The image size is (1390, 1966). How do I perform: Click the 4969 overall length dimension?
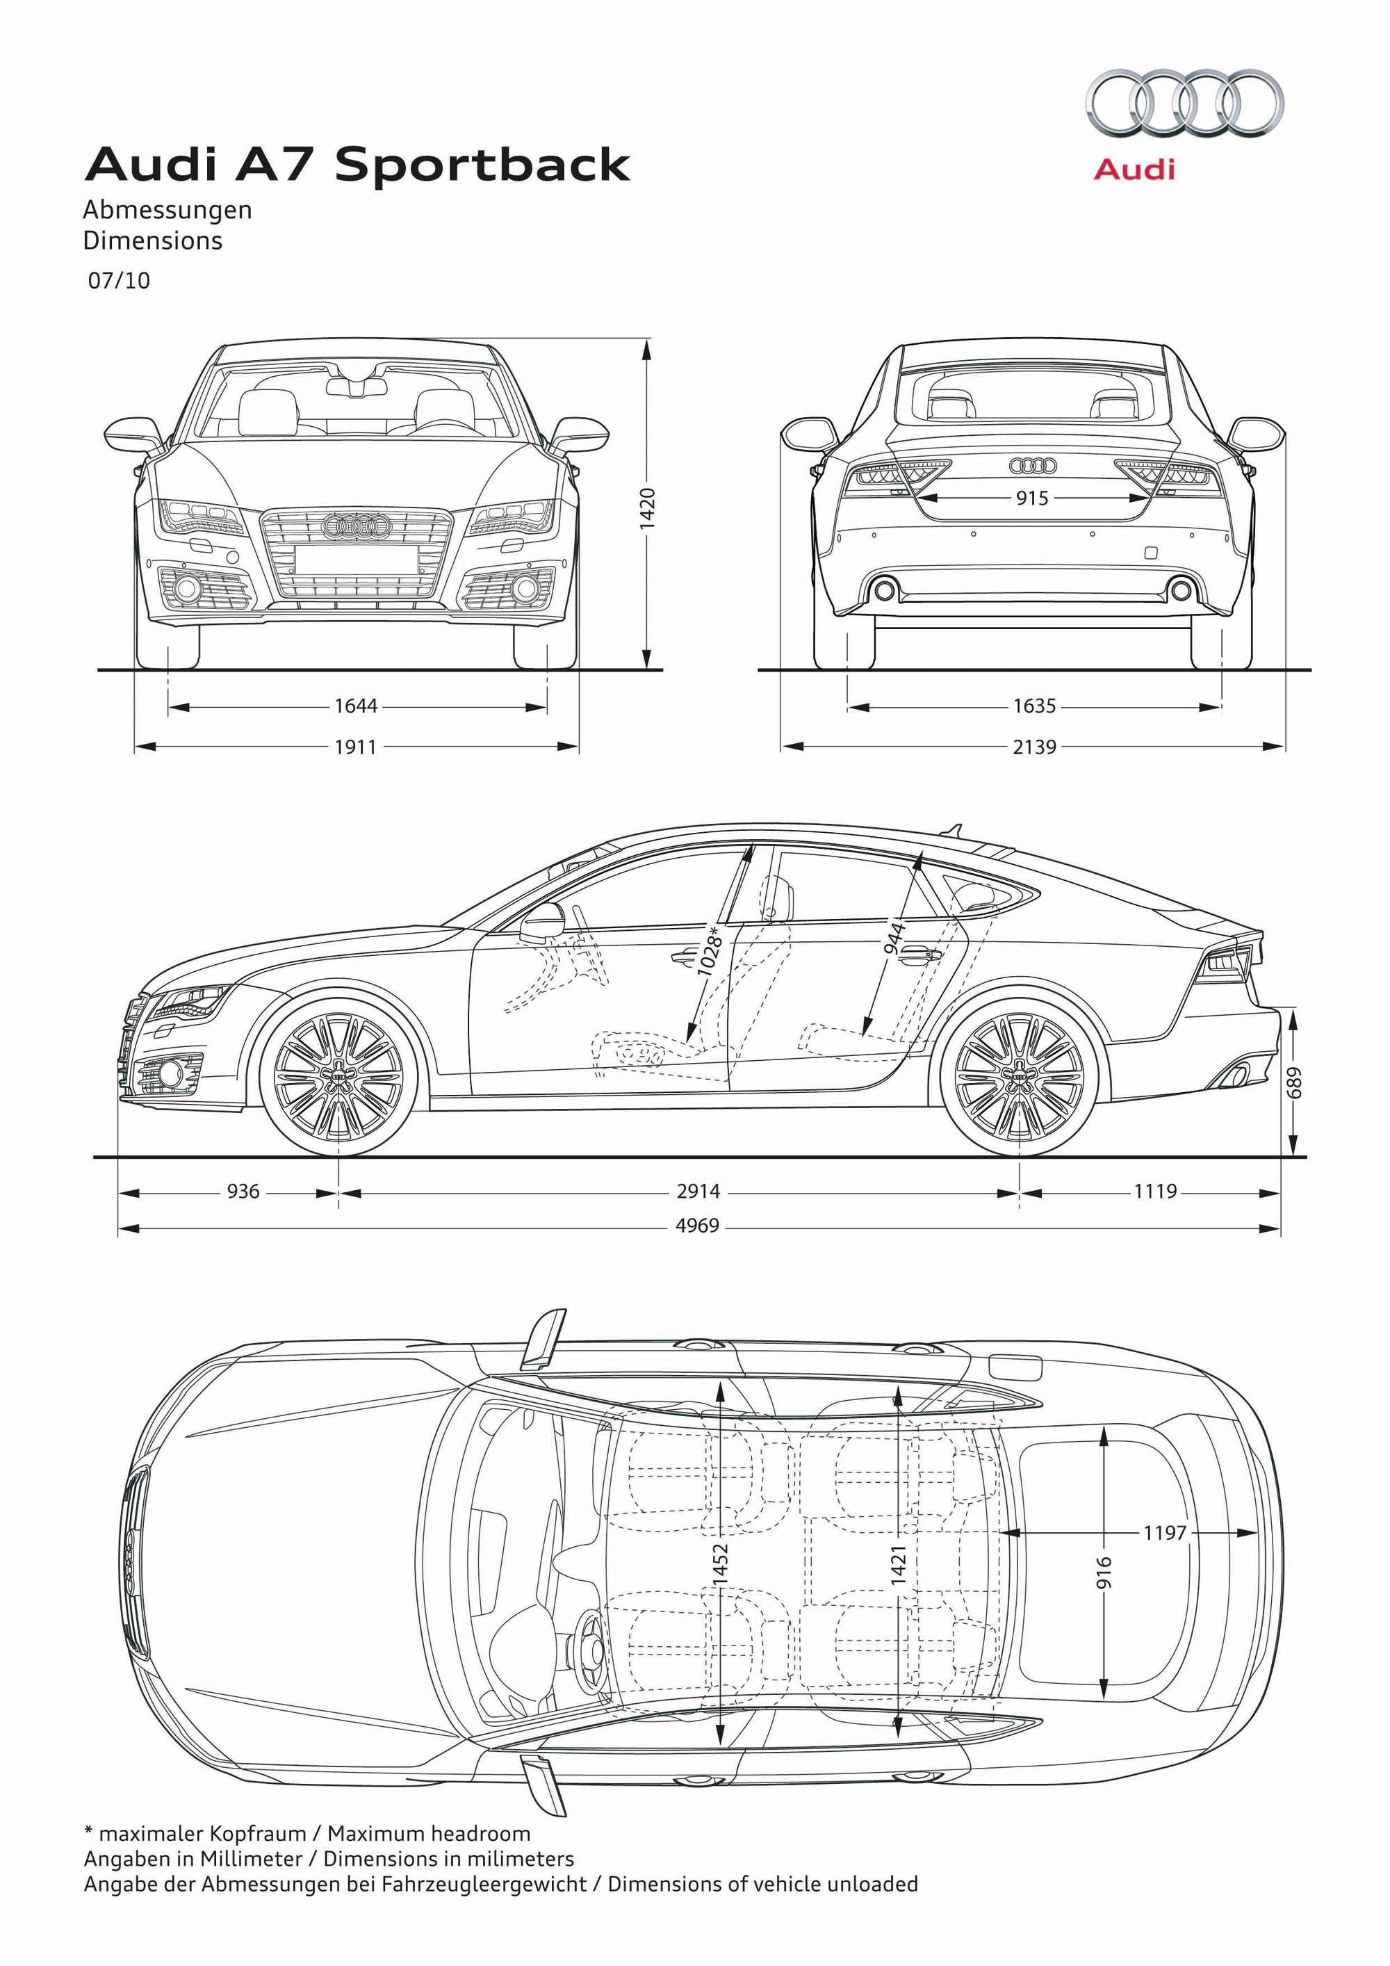coord(698,1226)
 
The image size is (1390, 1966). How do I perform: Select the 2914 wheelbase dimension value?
coord(698,1191)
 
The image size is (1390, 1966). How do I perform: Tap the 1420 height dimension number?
coord(648,507)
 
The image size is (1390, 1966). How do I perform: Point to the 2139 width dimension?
coord(1034,747)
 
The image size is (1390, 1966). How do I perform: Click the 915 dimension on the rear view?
coord(1031,498)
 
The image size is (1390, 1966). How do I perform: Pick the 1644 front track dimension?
coord(355,706)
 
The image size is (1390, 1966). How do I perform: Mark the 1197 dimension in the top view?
coord(1165,1532)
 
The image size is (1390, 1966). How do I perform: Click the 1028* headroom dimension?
coord(709,950)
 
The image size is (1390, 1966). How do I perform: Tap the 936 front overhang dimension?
coord(243,1191)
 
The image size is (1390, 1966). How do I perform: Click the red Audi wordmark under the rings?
coord(1134,169)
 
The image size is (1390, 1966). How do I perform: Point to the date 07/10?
coord(119,280)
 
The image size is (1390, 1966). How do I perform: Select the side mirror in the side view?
coord(543,920)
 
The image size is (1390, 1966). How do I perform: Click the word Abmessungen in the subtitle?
coord(167,210)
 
